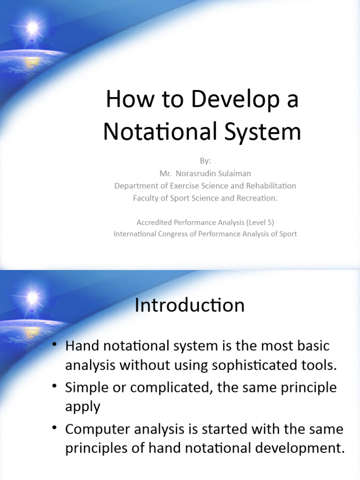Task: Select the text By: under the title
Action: tap(205, 161)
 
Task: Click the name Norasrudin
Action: tap(197, 173)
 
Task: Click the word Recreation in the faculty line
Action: tap(256, 198)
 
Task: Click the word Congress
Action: tap(169, 234)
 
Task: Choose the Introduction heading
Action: tap(189, 306)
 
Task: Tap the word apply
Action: tap(82, 406)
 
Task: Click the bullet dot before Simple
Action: tap(55, 386)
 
